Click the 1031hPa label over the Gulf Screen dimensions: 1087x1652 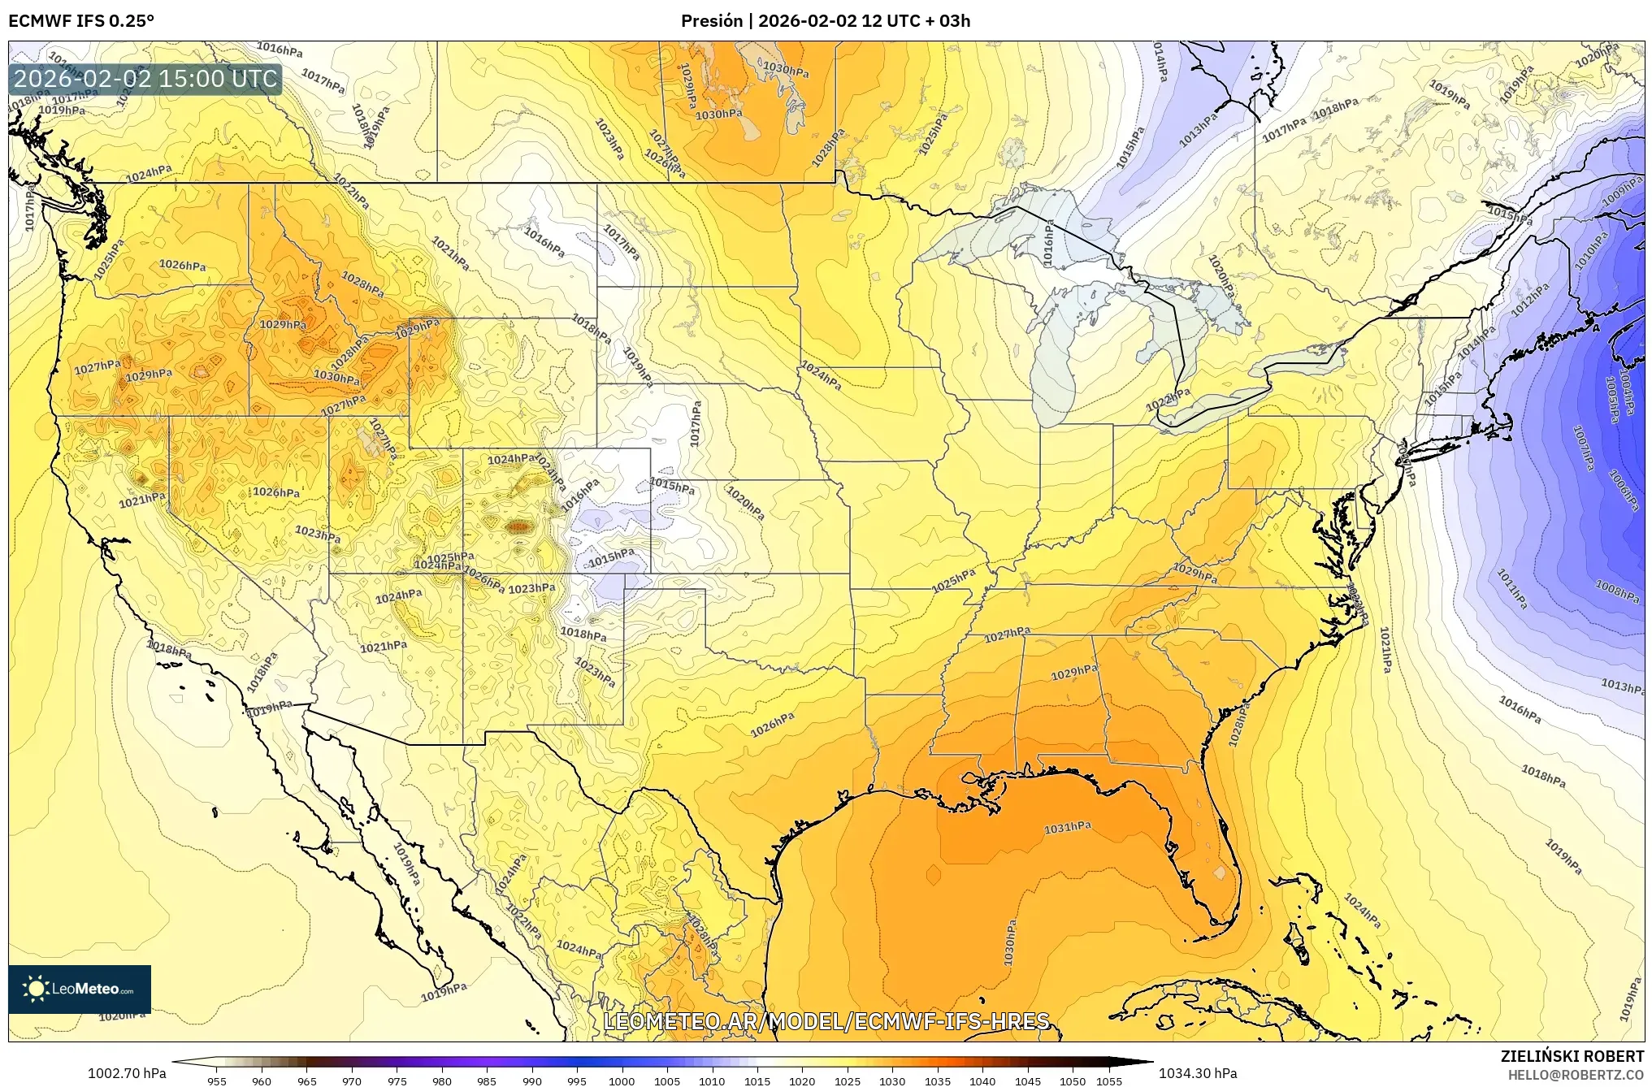[x=1067, y=828]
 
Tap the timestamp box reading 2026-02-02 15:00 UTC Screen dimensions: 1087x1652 [x=146, y=79]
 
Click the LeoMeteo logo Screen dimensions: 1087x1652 [x=80, y=989]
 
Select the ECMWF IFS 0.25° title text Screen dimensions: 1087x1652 [x=81, y=20]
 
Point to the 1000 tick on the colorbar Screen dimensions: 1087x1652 [x=622, y=1081]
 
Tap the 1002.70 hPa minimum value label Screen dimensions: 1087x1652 [x=127, y=1073]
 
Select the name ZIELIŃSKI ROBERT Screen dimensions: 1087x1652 [x=1572, y=1056]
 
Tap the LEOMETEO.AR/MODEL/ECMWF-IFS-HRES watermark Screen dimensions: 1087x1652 [x=826, y=1020]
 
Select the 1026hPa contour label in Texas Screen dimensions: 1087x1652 [x=772, y=725]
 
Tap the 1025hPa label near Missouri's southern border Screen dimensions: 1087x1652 [x=953, y=581]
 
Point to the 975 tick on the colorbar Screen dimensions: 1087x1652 [x=397, y=1081]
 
